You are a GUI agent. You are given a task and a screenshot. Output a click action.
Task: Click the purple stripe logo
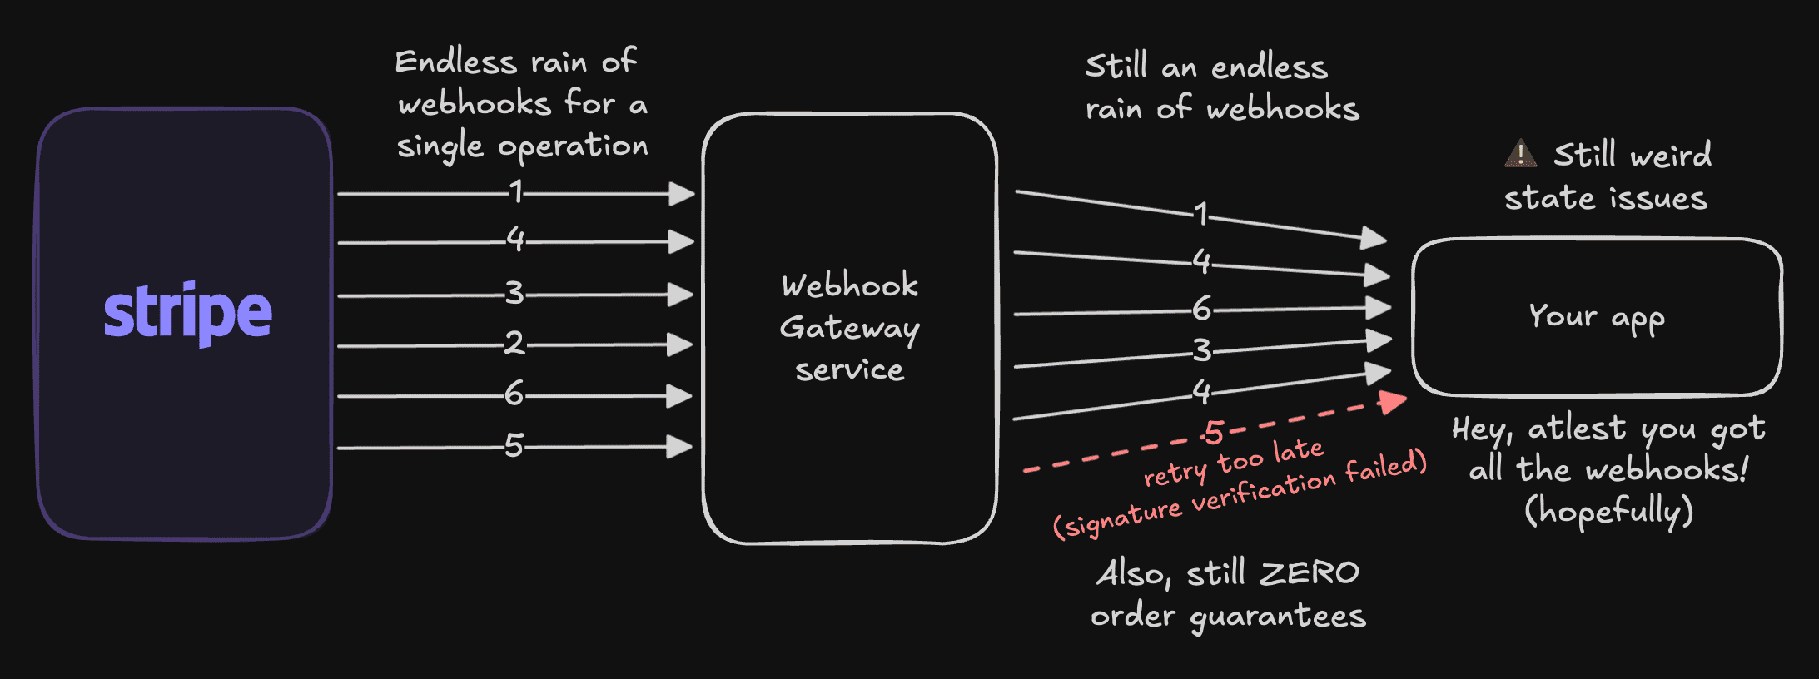coord(187,313)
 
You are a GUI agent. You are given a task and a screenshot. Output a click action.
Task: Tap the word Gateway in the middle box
coord(849,328)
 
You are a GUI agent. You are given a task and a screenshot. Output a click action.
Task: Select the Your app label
coord(1597,317)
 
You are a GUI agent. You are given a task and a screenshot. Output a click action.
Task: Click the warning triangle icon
coord(1520,153)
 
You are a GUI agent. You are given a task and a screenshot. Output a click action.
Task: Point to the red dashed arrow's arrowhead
coord(1393,403)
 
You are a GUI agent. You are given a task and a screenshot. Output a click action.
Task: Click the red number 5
coord(1215,433)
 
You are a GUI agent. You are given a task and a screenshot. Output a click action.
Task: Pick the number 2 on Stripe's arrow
coord(514,343)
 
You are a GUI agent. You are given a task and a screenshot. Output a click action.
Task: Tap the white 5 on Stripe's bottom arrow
coord(514,446)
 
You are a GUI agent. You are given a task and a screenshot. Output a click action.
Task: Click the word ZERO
coord(1310,572)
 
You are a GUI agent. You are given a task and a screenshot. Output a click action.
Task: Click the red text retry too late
coord(1233,463)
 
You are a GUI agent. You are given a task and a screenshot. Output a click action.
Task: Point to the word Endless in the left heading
coord(455,62)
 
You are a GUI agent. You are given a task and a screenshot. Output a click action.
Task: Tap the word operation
coord(573,146)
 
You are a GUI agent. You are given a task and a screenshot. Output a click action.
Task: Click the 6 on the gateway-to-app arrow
coord(1201,310)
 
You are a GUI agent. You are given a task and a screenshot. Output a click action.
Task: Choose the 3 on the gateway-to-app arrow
coord(1201,350)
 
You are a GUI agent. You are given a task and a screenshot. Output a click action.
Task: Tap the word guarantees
coord(1278,617)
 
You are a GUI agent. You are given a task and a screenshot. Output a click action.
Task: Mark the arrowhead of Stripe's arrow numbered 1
coord(682,194)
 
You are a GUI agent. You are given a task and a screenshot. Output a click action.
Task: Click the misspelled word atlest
coord(1576,429)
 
